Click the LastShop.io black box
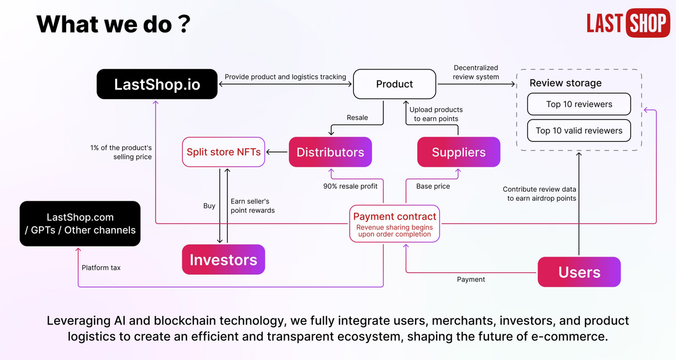[157, 84]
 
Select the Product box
[395, 84]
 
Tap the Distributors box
[330, 152]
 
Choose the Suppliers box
[458, 152]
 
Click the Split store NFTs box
[223, 152]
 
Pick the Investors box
[223, 259]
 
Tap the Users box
[579, 272]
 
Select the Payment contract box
[395, 224]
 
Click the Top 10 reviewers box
[579, 104]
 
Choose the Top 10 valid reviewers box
[579, 130]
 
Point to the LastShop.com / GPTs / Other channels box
[80, 224]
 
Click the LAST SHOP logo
[628, 23]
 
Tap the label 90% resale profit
[350, 186]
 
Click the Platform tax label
[101, 268]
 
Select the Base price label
[433, 186]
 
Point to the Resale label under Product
[357, 118]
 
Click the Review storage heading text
[565, 83]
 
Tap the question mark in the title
[184, 24]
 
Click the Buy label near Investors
[209, 206]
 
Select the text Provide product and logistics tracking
[285, 77]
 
